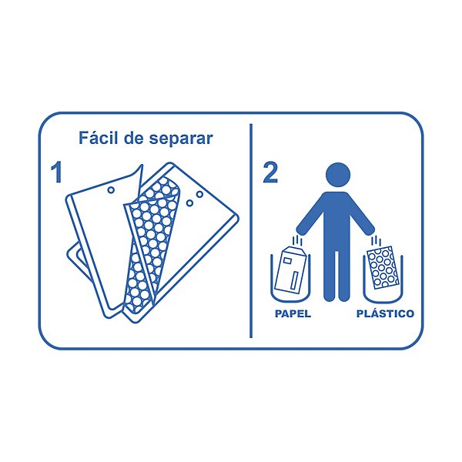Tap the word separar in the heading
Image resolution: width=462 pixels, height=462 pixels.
point(181,139)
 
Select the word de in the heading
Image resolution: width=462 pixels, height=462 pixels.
point(133,138)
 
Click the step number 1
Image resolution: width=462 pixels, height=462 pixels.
point(56,172)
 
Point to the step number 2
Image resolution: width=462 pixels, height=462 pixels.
point(270,172)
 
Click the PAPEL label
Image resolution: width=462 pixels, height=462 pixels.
point(293,313)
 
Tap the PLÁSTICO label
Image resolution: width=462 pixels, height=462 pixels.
point(386,313)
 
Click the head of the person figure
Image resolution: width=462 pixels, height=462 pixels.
point(338,175)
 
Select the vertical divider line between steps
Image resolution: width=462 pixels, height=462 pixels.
point(251,231)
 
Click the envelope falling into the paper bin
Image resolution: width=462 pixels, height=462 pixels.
point(292,270)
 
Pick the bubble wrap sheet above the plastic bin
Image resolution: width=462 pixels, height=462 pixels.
point(383,267)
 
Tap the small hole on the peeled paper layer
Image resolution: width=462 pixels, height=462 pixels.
point(111,190)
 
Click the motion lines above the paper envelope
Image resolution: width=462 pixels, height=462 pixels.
point(300,239)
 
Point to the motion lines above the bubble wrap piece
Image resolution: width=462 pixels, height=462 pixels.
point(377,240)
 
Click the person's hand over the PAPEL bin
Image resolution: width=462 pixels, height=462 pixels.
point(301,229)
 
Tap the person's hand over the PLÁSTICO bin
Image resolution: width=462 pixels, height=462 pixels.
point(370,229)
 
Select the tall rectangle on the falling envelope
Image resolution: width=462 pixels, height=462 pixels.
point(294,280)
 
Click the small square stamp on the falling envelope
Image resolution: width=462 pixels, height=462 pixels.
point(286,260)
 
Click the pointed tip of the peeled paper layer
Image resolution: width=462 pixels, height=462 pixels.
point(142,166)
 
